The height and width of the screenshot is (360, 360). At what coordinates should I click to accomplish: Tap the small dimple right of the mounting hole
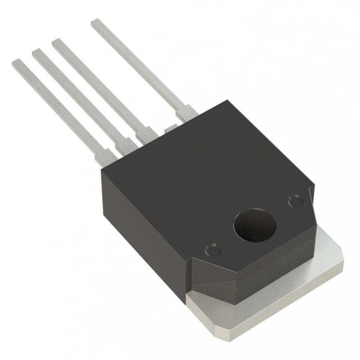pos(294,200)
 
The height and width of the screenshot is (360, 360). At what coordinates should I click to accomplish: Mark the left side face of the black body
pos(141,225)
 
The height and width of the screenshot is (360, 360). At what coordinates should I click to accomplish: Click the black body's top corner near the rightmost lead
pos(225,103)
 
